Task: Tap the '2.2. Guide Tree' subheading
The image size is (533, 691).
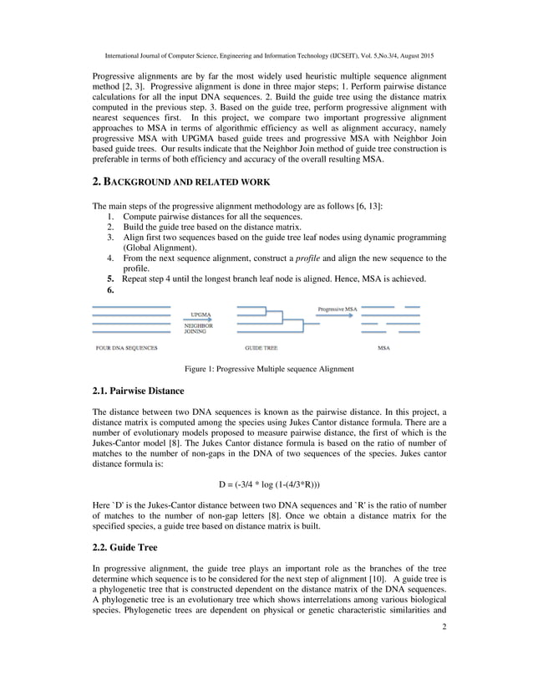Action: tap(124, 547)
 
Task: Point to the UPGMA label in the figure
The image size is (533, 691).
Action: tap(200, 315)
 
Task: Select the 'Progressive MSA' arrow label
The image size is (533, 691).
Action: tap(338, 310)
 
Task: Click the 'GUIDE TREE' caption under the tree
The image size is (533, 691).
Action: tap(261, 347)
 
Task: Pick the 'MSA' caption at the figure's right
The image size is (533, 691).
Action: tap(383, 347)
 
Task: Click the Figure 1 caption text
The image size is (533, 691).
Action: tap(268, 369)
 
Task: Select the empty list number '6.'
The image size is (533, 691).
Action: tap(110, 290)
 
